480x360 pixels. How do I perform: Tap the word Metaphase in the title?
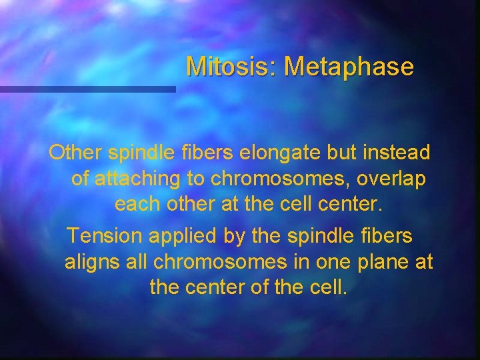click(348, 67)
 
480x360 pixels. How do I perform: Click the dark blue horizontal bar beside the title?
click(87, 89)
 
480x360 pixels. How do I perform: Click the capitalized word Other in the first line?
click(74, 153)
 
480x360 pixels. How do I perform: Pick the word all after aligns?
click(137, 262)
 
